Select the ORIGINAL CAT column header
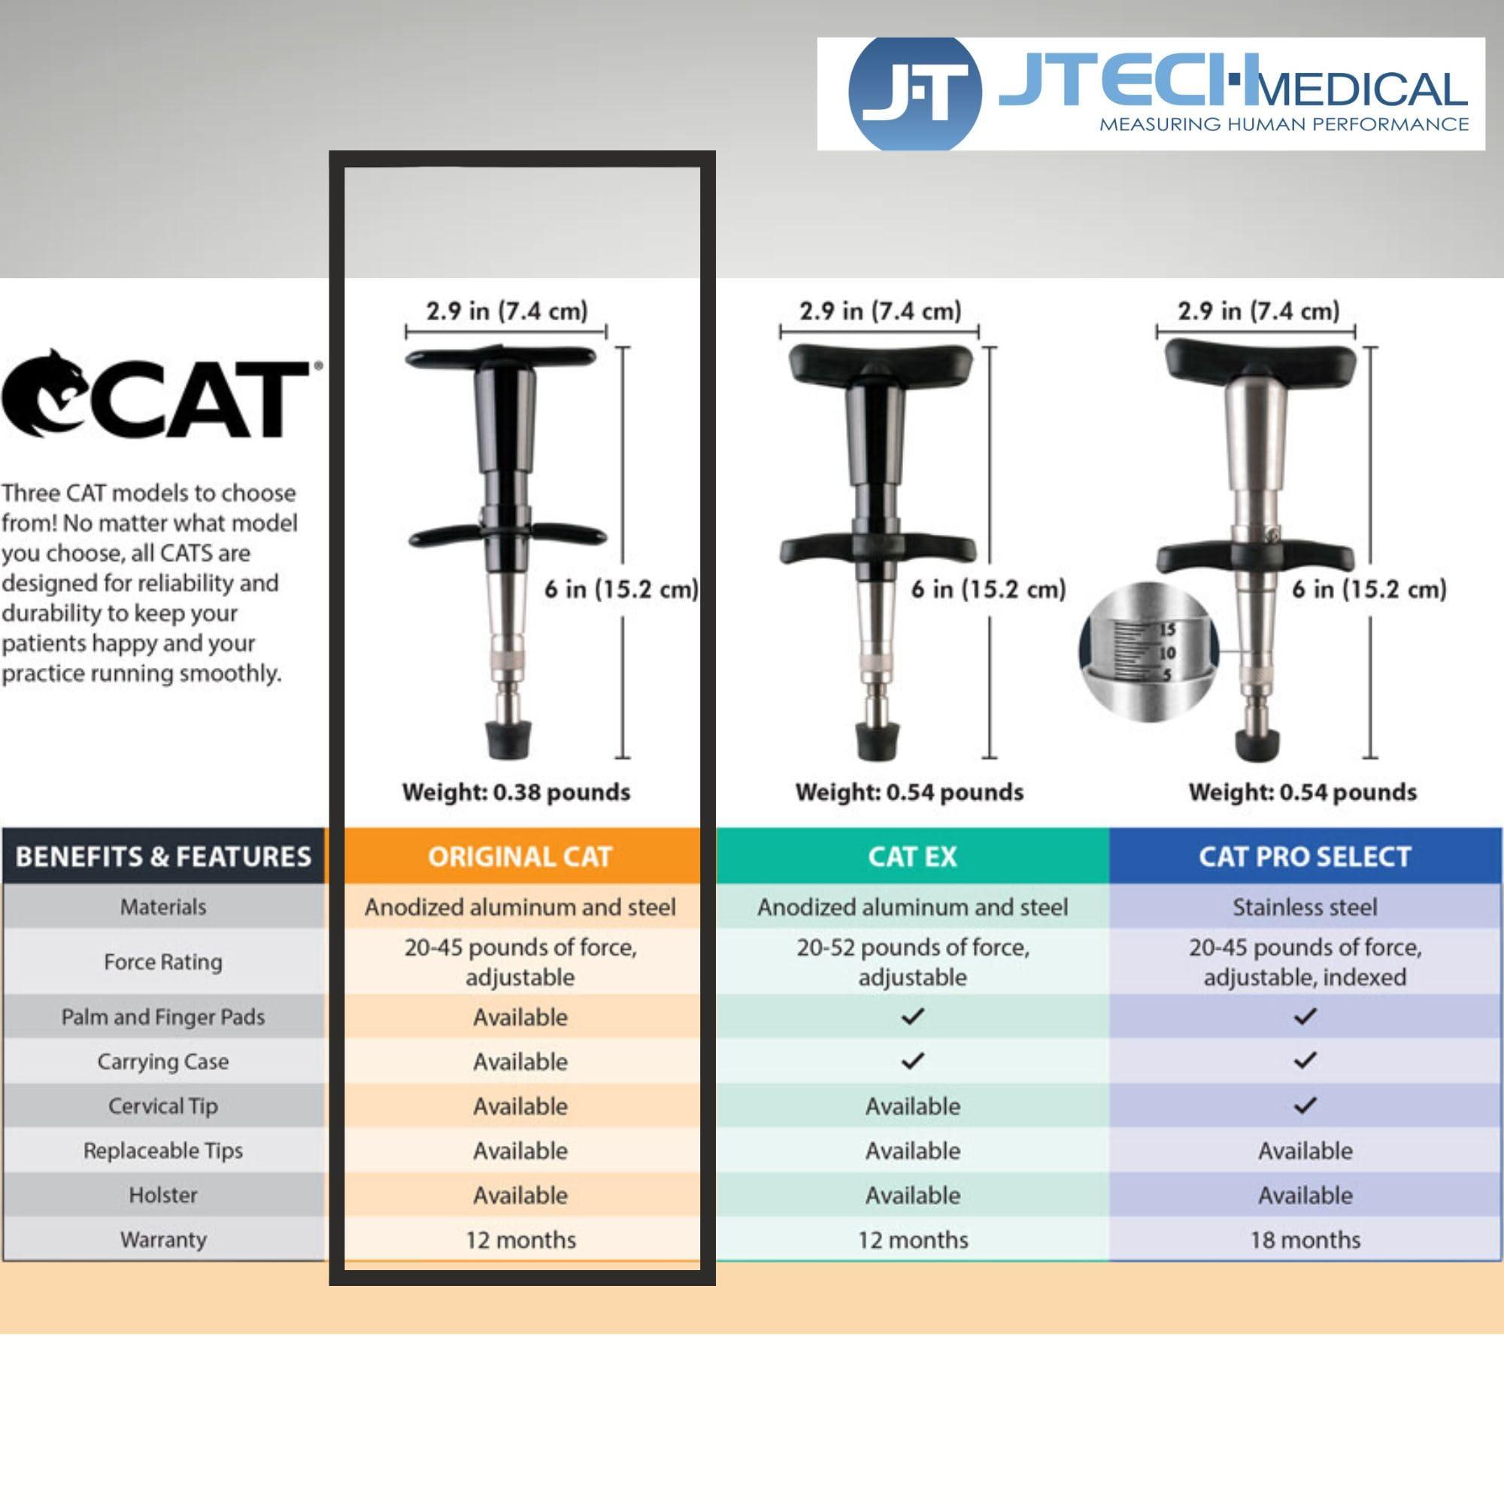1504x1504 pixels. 520,857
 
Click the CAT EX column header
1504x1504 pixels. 912,857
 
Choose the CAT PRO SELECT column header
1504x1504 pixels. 1305,857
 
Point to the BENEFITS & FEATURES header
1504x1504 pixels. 163,857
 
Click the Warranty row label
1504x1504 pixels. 163,1239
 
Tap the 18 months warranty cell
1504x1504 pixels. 1305,1239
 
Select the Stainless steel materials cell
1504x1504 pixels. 1305,907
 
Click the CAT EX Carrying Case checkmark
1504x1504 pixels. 912,1060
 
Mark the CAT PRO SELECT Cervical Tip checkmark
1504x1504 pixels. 1305,1105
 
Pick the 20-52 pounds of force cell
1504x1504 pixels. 912,961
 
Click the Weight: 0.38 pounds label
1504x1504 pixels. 516,792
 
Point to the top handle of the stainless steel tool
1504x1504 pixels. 1259,362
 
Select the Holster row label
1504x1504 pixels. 163,1194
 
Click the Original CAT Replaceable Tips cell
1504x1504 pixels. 520,1150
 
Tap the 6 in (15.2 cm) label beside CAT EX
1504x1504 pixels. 988,589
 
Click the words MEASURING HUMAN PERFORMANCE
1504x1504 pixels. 1284,124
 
